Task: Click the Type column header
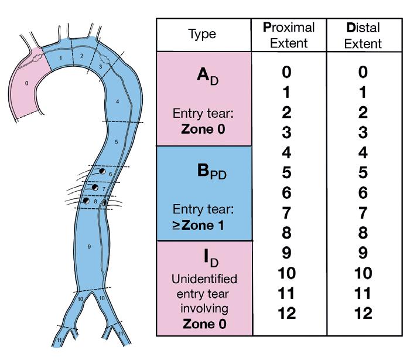(x=203, y=35)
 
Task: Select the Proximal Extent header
(x=289, y=35)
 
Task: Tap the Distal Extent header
(x=363, y=35)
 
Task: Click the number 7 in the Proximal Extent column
(x=286, y=213)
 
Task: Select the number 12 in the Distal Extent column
(x=363, y=313)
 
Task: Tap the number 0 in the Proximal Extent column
(x=286, y=72)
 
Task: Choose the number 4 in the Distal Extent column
(x=363, y=152)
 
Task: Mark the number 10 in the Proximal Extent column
(x=286, y=273)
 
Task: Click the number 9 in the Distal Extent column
(x=363, y=253)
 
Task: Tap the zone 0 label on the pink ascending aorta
(x=27, y=83)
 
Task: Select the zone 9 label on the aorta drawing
(x=89, y=247)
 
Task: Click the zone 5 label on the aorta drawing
(x=116, y=142)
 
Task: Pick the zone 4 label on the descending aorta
(x=117, y=101)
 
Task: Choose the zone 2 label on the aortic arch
(x=82, y=56)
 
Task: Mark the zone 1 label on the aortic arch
(x=60, y=58)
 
